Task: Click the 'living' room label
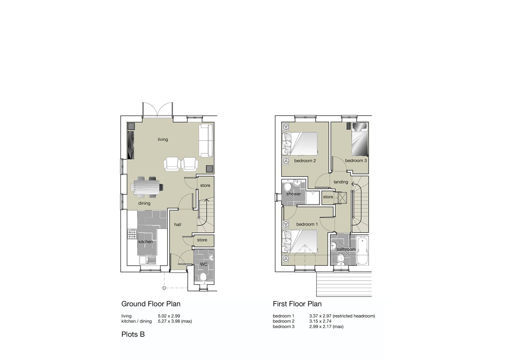tap(163, 139)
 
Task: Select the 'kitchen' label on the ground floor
tap(145, 242)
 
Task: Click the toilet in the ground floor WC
tap(203, 276)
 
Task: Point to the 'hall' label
tap(178, 225)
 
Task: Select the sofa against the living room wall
tap(206, 140)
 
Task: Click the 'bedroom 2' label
tap(305, 161)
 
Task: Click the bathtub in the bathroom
tap(362, 251)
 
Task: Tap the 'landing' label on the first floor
tap(341, 182)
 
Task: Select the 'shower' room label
tap(293, 194)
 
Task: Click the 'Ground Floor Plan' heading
tap(151, 304)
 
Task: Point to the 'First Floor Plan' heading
tap(297, 304)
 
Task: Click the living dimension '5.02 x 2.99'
tap(169, 316)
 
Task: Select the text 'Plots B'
tap(133, 334)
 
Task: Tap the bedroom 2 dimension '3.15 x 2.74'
tap(320, 321)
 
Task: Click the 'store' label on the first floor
tap(328, 197)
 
